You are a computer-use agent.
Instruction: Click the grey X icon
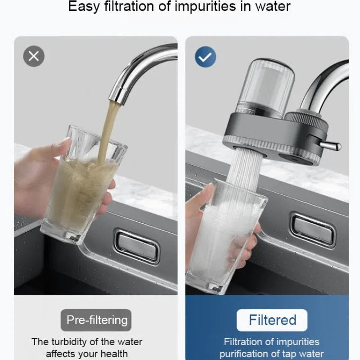tap(34, 56)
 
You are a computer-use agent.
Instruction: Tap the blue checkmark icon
tap(205, 57)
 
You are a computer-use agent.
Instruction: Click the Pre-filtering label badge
tap(96, 320)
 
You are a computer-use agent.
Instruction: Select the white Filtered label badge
tap(272, 320)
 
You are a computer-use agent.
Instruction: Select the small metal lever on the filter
tap(331, 145)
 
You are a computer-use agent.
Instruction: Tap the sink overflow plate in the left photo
tap(137, 247)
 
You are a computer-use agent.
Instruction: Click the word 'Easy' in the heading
tap(84, 7)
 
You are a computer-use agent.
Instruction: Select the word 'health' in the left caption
tap(114, 354)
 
